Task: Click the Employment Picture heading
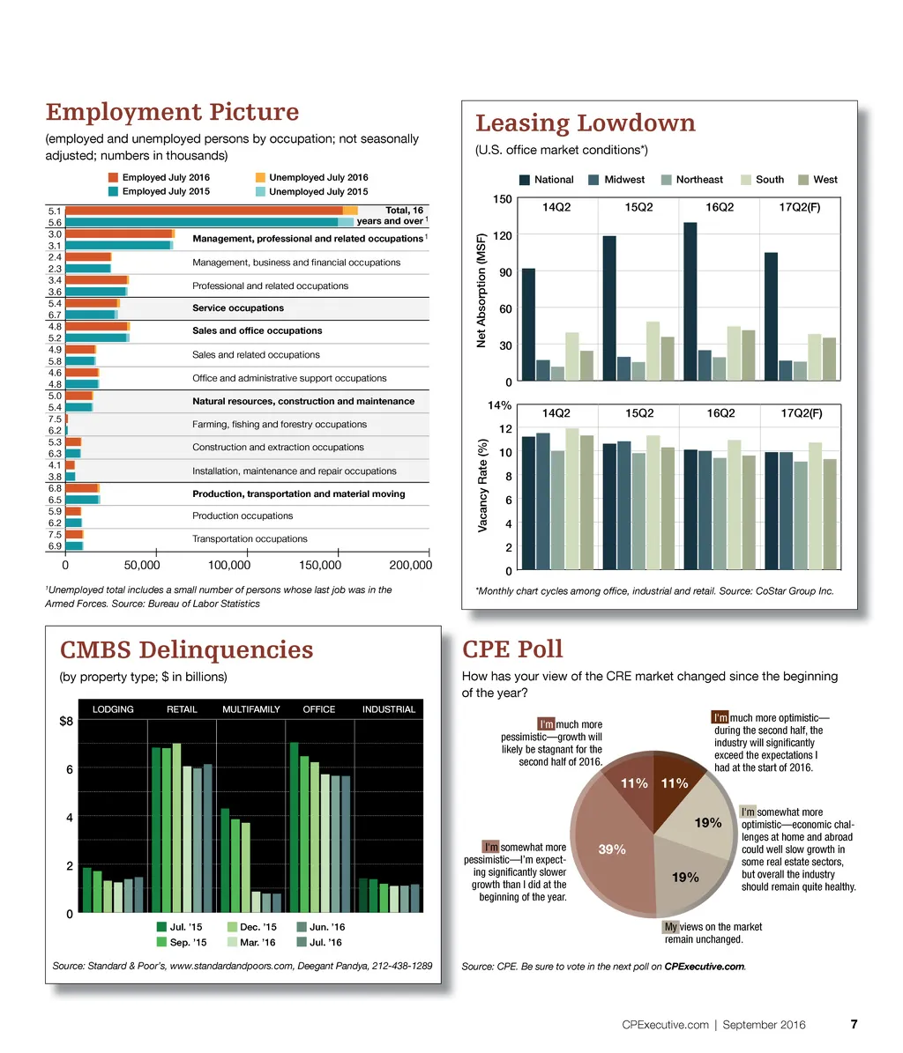[x=172, y=113]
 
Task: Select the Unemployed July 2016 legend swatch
[x=260, y=178]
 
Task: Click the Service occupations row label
[x=238, y=308]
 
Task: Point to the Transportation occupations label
[x=250, y=539]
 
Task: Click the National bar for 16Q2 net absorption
[x=690, y=301]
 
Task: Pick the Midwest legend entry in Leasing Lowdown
[x=616, y=180]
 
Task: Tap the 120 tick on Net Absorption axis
[x=503, y=236]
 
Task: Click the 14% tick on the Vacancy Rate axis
[x=500, y=406]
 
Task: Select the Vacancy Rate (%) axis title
[x=483, y=487]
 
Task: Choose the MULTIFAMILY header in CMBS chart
[x=251, y=709]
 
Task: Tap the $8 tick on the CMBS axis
[x=65, y=721]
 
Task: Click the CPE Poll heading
[x=512, y=650]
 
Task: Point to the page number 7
[x=854, y=1025]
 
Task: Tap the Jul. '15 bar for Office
[x=294, y=828]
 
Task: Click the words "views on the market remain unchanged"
[x=713, y=933]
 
